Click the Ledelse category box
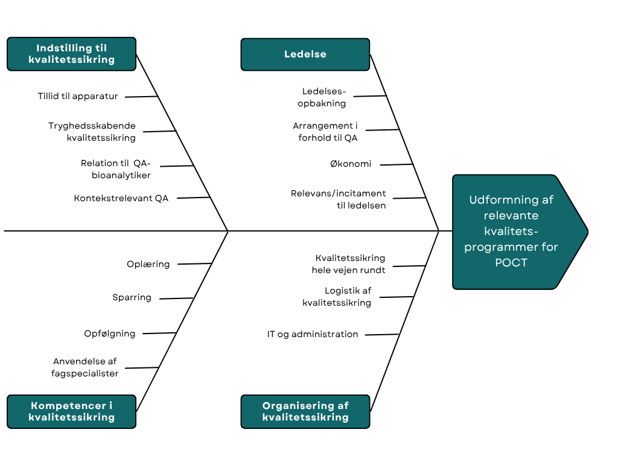(305, 54)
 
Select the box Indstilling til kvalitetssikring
(71, 54)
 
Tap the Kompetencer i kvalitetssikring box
(71, 411)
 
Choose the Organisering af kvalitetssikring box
(305, 411)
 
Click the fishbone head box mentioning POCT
(513, 231)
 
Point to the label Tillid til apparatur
(78, 96)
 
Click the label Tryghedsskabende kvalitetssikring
(92, 132)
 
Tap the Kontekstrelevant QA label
(121, 198)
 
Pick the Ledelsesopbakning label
(324, 97)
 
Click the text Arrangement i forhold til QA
(325, 132)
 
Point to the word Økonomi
(351, 164)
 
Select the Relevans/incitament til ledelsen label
(339, 199)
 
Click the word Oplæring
(148, 264)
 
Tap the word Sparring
(132, 297)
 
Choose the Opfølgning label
(110, 333)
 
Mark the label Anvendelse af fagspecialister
(85, 367)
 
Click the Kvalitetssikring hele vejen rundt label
(349, 264)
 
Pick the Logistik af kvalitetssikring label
(337, 297)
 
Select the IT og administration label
(313, 334)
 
